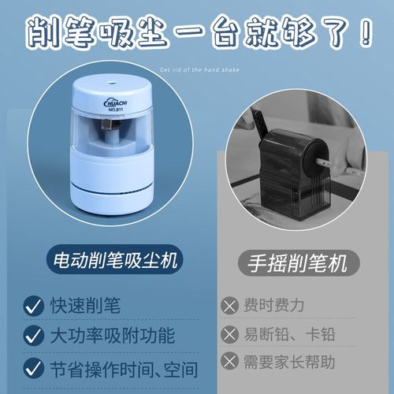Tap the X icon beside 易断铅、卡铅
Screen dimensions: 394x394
click(230, 334)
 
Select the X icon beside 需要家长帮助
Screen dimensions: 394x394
click(230, 363)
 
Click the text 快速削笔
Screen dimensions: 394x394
click(80, 304)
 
